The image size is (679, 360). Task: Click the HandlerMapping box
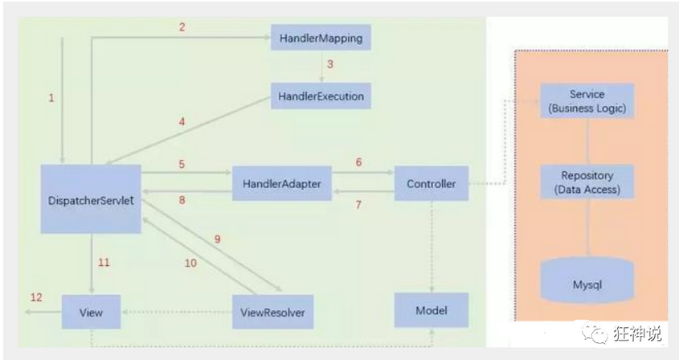point(321,39)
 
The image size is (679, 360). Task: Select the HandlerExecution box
point(321,96)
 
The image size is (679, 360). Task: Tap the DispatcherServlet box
point(90,198)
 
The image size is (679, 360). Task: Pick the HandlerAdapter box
point(281,184)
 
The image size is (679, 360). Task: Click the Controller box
point(431,184)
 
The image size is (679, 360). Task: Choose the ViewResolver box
point(273,312)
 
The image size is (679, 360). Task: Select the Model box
point(431,310)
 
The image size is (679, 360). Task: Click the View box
point(91,312)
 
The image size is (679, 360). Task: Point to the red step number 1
point(51,98)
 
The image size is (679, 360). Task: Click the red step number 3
point(330,63)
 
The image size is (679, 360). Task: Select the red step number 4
point(182,122)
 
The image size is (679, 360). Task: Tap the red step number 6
point(358,162)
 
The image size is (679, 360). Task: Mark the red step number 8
point(182,200)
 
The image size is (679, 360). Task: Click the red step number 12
point(36,297)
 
